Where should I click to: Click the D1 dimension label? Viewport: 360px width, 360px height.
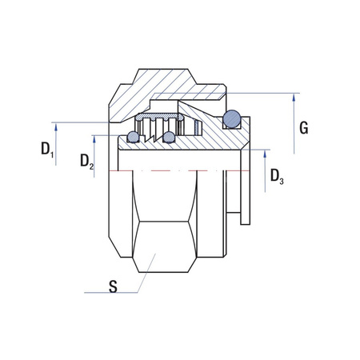pos(46,150)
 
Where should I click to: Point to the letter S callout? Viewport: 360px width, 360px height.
pos(113,287)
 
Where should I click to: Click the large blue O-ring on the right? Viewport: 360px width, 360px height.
pos(232,118)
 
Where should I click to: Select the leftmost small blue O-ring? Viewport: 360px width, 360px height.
pos(134,137)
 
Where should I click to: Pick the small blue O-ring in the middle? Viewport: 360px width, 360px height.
pos(169,138)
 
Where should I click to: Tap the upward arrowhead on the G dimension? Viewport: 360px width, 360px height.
pos(295,98)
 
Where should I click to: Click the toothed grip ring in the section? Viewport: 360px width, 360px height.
pos(160,125)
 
